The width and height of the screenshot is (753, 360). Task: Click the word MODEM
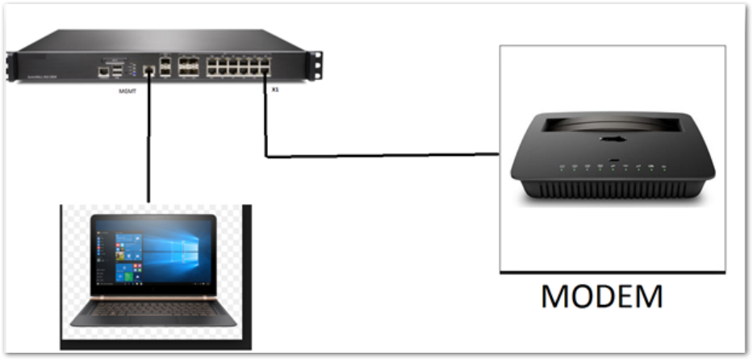coord(601,295)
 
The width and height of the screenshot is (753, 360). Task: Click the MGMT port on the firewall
coord(148,72)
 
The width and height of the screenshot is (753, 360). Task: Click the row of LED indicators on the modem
coord(612,168)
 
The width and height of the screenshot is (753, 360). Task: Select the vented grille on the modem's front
coord(612,188)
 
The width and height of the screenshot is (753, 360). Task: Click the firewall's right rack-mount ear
coord(317,64)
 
